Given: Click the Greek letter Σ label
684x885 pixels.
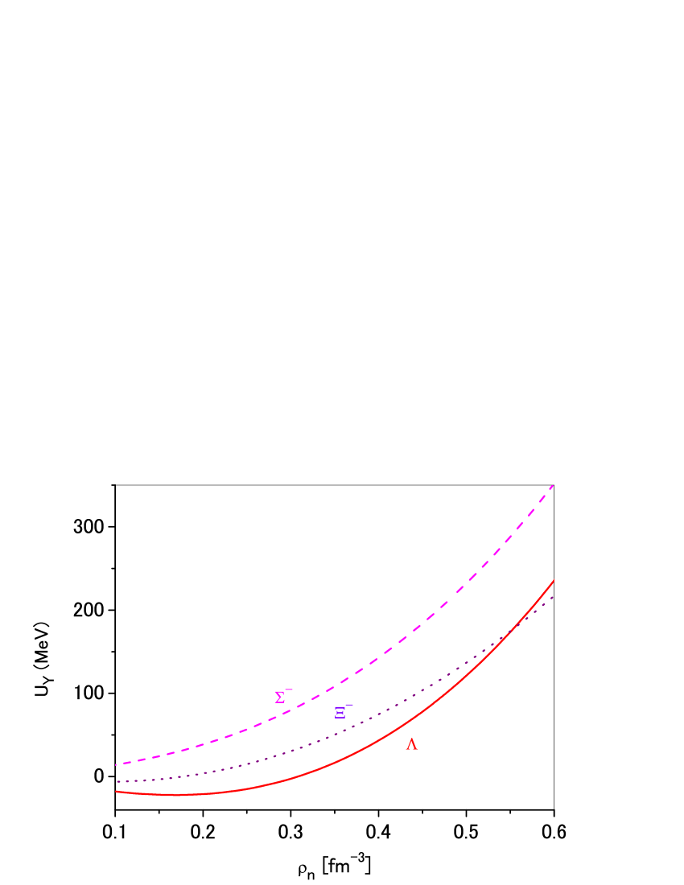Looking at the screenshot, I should click(x=279, y=698).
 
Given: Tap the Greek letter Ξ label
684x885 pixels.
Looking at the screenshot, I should click(x=340, y=713).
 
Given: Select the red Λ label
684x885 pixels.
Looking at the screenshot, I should click(x=412, y=745).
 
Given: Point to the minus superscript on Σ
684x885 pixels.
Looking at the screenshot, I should click(x=289, y=689).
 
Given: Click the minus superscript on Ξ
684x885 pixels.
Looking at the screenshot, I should click(x=349, y=705).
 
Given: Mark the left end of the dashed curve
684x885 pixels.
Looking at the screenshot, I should click(x=117, y=764).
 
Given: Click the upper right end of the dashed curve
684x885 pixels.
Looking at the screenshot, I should click(x=554, y=485).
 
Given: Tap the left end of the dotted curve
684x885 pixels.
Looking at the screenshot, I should click(x=117, y=781).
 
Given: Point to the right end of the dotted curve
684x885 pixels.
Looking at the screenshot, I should click(x=554, y=597).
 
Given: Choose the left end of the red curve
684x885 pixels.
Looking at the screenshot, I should click(x=117, y=792).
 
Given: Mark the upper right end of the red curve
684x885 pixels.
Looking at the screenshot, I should click(x=554, y=580).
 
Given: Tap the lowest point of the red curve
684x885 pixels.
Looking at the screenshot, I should click(x=181, y=795).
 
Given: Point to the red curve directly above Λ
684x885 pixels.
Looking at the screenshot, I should click(x=412, y=718).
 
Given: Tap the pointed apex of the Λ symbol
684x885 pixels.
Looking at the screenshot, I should click(x=412, y=739).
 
